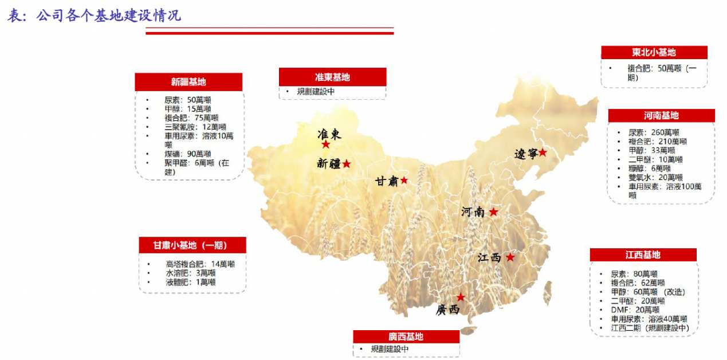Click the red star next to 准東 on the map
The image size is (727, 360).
tap(326, 145)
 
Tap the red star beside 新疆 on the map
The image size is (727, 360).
tap(347, 164)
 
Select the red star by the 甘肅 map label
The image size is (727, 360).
tap(404, 181)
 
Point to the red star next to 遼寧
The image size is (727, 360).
tap(543, 153)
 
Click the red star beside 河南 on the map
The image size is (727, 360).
tap(493, 212)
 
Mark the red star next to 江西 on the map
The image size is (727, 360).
tap(510, 258)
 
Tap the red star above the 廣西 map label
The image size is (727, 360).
tap(461, 297)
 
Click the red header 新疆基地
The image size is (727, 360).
tap(188, 82)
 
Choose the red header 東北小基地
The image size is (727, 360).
tap(654, 53)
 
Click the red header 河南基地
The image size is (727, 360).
tap(661, 116)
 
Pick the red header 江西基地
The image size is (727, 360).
tap(643, 255)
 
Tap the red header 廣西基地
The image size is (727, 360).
tap(406, 336)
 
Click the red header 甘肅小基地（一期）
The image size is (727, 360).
tap(192, 245)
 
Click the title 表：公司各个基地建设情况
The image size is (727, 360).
tap(94, 15)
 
